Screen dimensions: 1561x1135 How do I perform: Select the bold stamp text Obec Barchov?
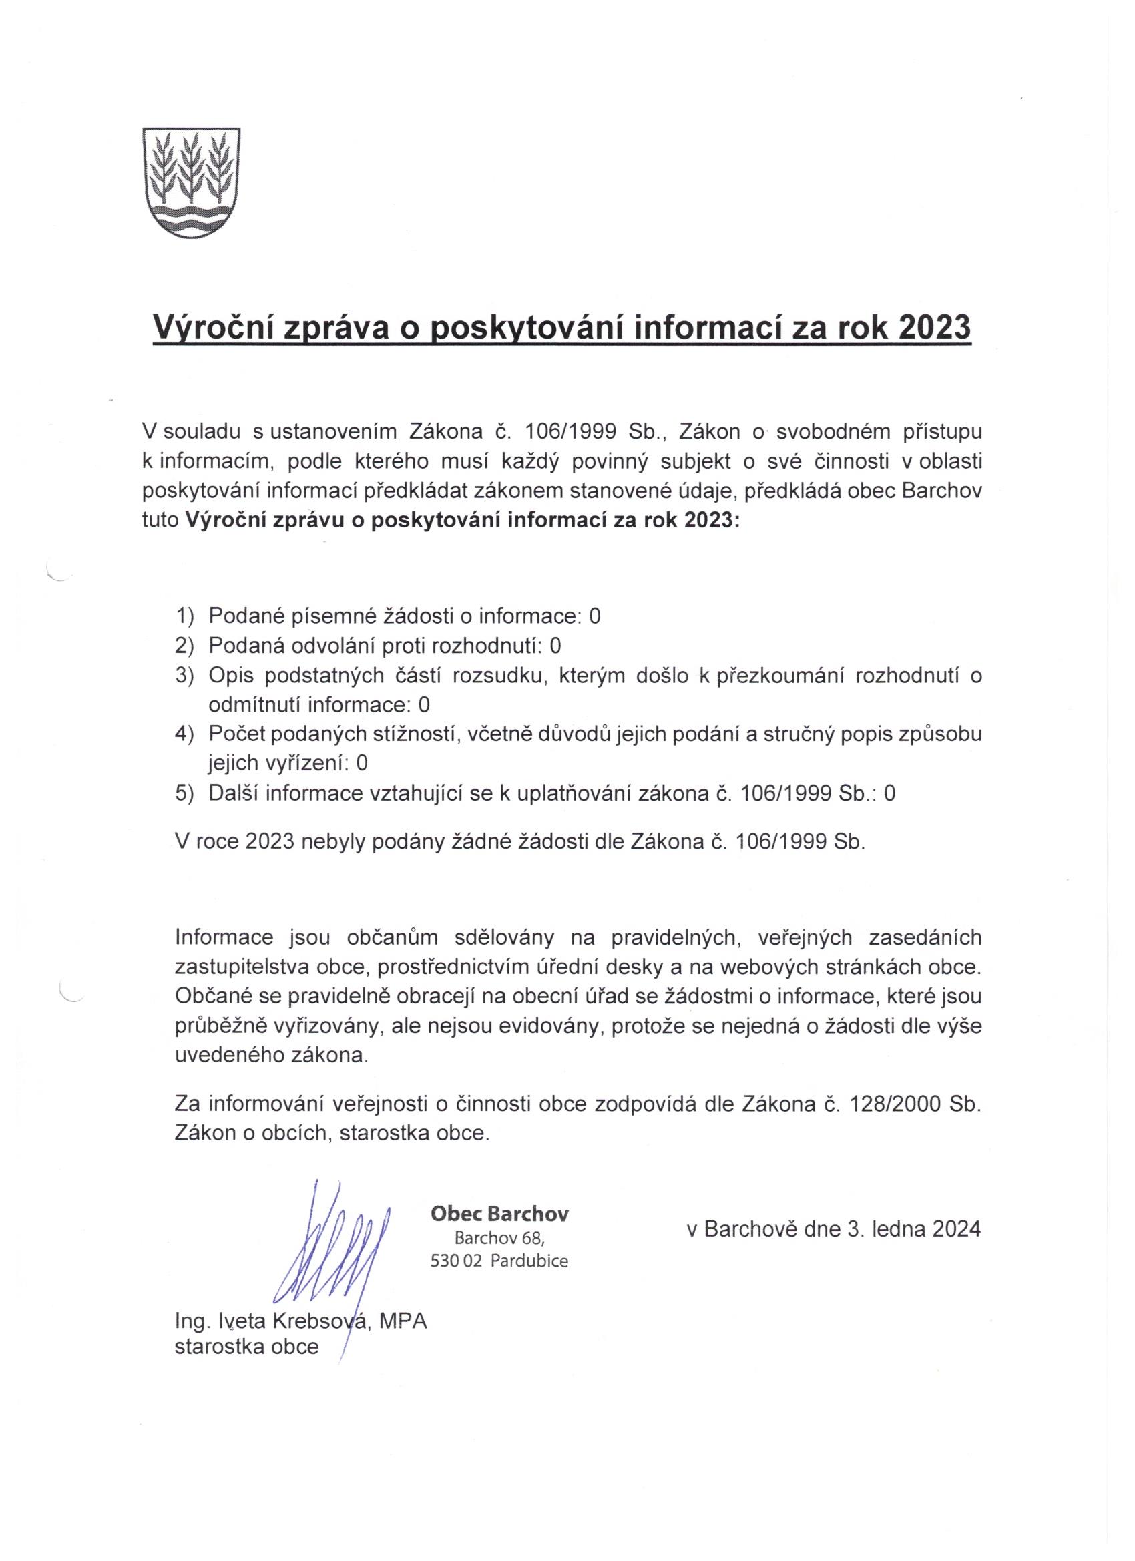pyautogui.click(x=499, y=1214)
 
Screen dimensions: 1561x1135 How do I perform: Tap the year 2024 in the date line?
pyautogui.click(x=956, y=1229)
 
